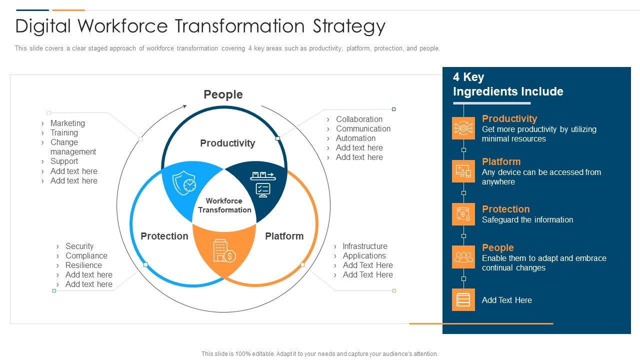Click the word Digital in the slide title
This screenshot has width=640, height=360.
(43, 26)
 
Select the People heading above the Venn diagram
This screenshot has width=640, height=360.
(223, 94)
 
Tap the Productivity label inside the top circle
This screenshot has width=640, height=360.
(227, 143)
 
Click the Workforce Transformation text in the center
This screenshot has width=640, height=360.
(224, 205)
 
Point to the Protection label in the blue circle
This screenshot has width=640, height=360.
(164, 236)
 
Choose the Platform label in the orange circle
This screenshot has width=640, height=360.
(284, 236)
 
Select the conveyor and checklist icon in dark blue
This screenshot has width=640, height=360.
(262, 183)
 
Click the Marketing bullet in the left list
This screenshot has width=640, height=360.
(67, 123)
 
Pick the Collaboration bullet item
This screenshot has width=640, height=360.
(359, 119)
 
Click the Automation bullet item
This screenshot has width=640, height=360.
(355, 138)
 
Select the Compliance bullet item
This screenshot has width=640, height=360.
(86, 255)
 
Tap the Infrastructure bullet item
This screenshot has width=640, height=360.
(364, 246)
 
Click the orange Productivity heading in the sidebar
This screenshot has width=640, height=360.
(509, 118)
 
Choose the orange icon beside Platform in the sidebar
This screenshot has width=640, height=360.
(463, 171)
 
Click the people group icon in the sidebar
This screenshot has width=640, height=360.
(463, 257)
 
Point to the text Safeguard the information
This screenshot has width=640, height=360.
(527, 219)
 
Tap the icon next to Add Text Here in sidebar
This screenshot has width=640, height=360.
(463, 300)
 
